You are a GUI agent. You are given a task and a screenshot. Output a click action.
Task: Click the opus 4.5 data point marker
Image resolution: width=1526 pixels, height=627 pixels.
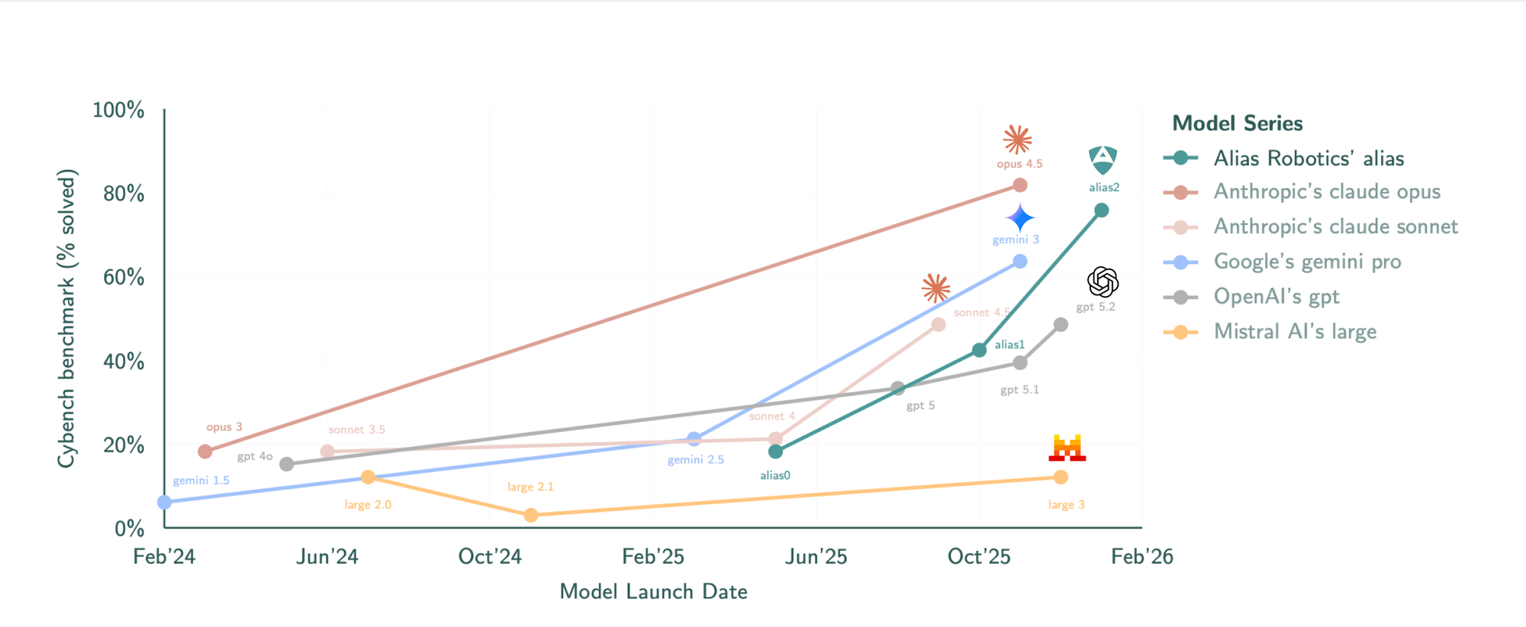(x=1019, y=185)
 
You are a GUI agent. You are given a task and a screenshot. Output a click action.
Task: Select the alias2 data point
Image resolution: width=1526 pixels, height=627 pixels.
(x=1101, y=211)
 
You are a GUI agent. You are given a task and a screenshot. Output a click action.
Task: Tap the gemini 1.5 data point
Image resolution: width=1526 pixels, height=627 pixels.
(x=164, y=502)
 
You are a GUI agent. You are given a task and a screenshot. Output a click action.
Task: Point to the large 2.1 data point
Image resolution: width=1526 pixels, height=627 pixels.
(x=531, y=516)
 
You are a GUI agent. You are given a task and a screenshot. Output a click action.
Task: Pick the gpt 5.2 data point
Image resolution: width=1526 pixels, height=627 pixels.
(x=1061, y=325)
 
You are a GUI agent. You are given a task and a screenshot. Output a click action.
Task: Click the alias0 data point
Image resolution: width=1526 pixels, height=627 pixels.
(x=775, y=452)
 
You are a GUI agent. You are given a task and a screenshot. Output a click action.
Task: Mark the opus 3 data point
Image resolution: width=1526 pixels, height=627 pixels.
(x=204, y=452)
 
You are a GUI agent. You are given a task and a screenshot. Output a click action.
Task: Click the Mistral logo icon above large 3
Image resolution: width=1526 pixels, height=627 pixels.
(x=1067, y=448)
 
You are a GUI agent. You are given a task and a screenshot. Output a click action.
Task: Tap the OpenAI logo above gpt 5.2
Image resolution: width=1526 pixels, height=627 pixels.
(x=1103, y=282)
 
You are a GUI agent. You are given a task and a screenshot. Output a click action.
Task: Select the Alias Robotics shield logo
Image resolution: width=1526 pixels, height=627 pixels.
(x=1103, y=160)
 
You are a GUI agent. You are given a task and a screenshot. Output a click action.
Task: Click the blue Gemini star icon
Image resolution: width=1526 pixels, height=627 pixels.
(x=1020, y=218)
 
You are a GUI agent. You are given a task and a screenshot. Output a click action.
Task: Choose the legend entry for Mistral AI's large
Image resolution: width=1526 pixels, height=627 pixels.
(x=1295, y=332)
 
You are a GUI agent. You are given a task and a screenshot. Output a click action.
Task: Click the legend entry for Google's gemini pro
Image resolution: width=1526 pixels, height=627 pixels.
(x=1307, y=262)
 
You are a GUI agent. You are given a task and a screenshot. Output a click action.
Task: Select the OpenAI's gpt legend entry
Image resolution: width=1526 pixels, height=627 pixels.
(x=1276, y=297)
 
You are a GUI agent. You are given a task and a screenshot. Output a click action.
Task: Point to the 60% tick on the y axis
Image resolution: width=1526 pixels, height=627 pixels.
(x=124, y=277)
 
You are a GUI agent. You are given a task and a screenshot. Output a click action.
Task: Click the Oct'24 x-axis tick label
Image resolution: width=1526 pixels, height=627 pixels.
(x=490, y=557)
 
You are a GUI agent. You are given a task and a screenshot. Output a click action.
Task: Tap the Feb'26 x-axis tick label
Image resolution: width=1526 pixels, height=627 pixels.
(x=1141, y=557)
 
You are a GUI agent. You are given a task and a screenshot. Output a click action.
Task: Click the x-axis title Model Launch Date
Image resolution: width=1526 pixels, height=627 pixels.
(x=653, y=592)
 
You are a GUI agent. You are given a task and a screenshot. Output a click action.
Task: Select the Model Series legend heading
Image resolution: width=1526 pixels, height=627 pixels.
(x=1237, y=124)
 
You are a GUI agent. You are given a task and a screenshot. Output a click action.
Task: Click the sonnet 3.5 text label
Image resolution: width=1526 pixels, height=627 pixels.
(x=356, y=430)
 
